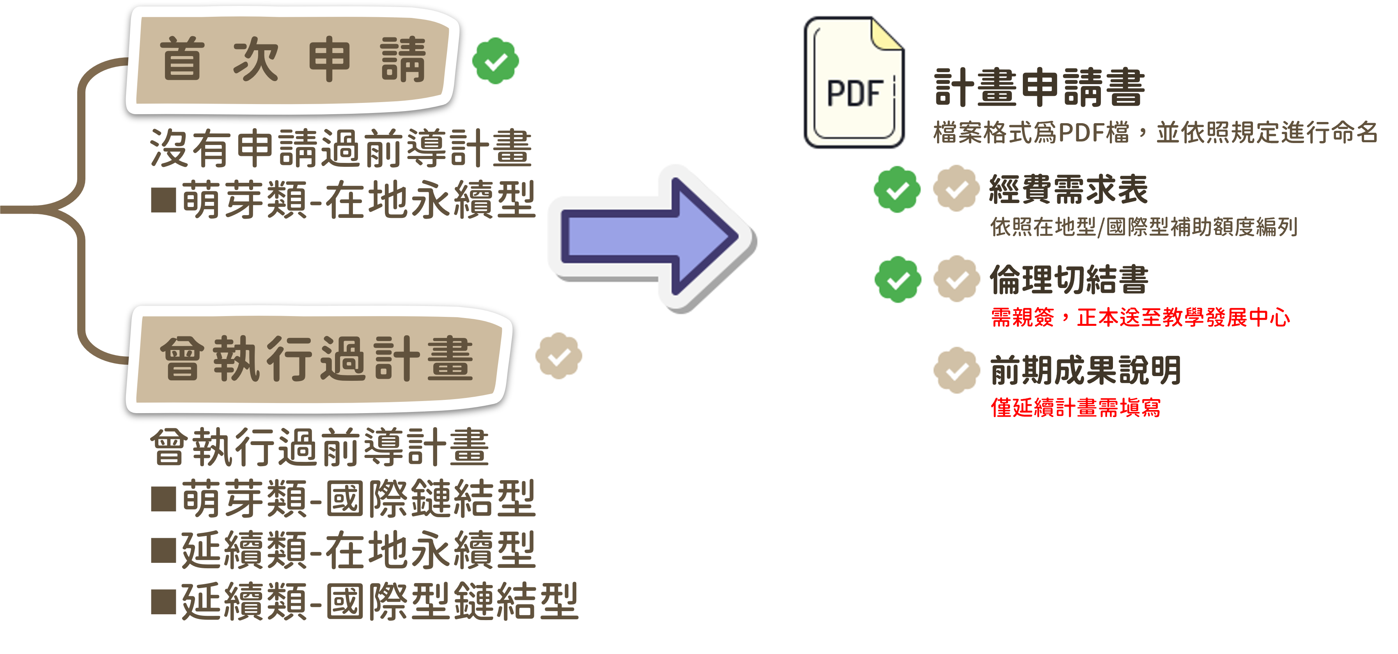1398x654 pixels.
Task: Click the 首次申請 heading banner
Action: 292,60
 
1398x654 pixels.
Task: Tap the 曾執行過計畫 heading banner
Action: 317,359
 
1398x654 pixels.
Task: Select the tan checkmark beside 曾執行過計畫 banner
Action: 558,356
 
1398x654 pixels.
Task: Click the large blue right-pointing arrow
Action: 651,237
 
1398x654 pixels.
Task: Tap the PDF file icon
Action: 854,82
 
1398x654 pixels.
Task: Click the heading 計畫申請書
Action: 1039,88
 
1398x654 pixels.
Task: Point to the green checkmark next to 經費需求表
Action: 897,189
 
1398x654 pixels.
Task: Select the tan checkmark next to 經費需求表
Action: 956,189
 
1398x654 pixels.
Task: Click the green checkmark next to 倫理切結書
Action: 898,279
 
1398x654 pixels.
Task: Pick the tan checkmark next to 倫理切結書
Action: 956,279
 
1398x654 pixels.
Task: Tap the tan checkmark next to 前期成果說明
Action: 956,370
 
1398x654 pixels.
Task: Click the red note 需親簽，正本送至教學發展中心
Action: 1140,317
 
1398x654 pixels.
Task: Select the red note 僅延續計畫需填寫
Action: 1076,407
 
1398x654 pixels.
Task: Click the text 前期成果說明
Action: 1085,370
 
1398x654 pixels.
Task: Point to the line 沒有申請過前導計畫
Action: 340,147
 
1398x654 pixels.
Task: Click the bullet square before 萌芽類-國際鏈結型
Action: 163,499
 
